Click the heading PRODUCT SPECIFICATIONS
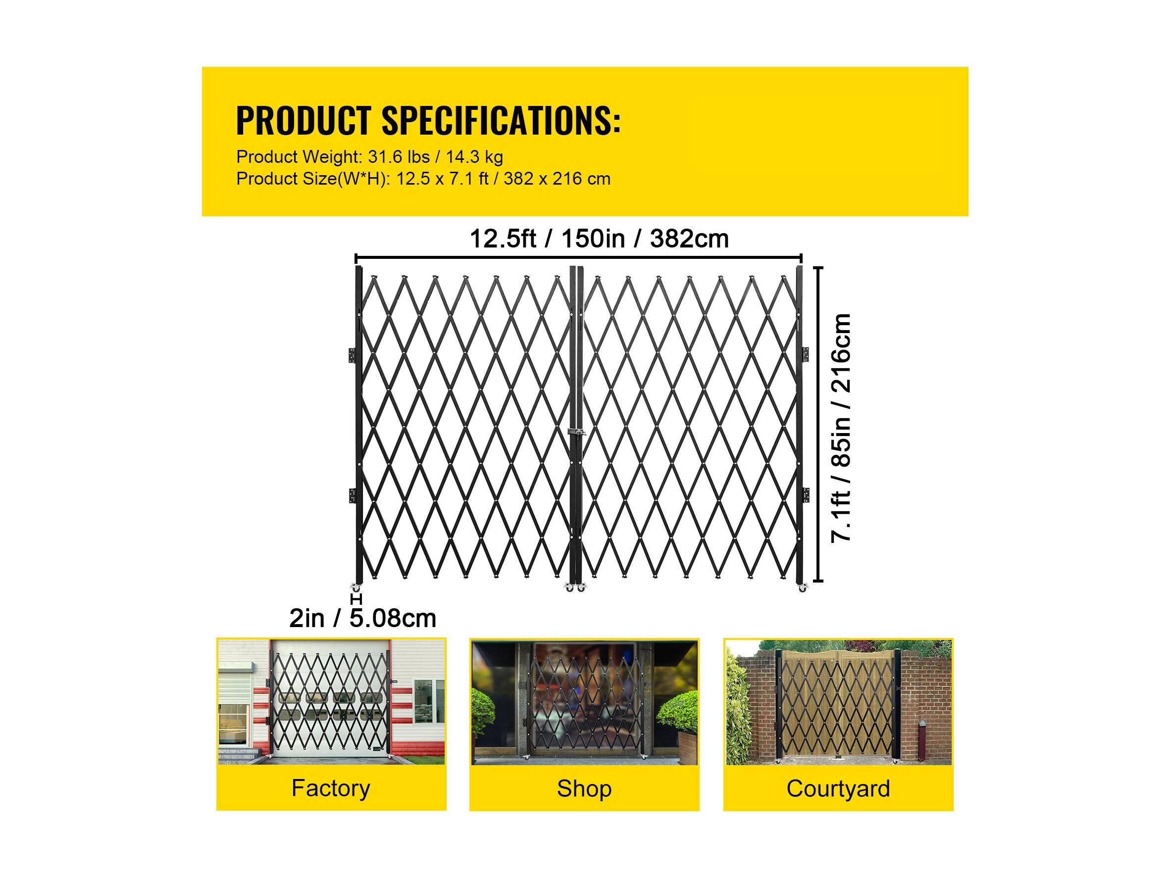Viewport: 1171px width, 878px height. [428, 120]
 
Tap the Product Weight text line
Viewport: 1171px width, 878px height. [369, 157]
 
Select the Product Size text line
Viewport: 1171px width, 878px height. [423, 179]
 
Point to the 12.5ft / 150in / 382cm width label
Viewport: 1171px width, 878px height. [599, 239]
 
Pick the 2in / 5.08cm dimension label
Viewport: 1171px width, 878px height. [362, 618]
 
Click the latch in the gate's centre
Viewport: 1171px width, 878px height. [576, 433]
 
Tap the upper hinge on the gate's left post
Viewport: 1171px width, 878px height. [352, 355]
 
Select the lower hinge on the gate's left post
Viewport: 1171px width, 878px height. [352, 495]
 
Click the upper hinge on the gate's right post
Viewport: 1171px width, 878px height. [806, 354]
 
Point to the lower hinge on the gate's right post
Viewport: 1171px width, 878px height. [806, 495]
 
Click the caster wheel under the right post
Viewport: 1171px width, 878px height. [803, 587]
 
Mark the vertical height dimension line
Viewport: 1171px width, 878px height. [820, 425]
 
